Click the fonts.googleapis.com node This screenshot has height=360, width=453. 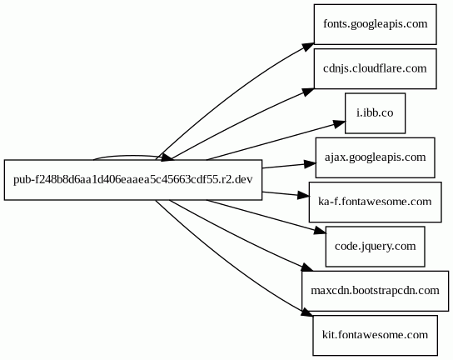point(375,24)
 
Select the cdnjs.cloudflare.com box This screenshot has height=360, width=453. point(375,69)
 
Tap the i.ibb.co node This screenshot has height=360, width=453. point(375,113)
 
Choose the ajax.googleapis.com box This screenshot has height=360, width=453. point(375,157)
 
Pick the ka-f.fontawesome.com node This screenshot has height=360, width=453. point(375,202)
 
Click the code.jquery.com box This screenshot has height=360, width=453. point(375,247)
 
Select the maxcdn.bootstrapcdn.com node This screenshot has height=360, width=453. point(375,291)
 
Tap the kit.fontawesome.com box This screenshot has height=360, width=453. point(375,336)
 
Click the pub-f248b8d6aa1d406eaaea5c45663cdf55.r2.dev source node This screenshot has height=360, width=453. point(133,180)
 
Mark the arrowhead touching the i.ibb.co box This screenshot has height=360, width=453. point(339,124)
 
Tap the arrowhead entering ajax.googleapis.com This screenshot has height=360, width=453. point(310,164)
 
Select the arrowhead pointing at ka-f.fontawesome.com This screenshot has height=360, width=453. point(303,196)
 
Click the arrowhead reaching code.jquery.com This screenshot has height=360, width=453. point(320,230)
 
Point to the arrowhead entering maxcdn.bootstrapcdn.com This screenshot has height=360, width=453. point(307,267)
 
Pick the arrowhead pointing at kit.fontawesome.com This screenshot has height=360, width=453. point(306,312)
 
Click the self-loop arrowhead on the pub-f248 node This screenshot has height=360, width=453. point(167,157)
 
